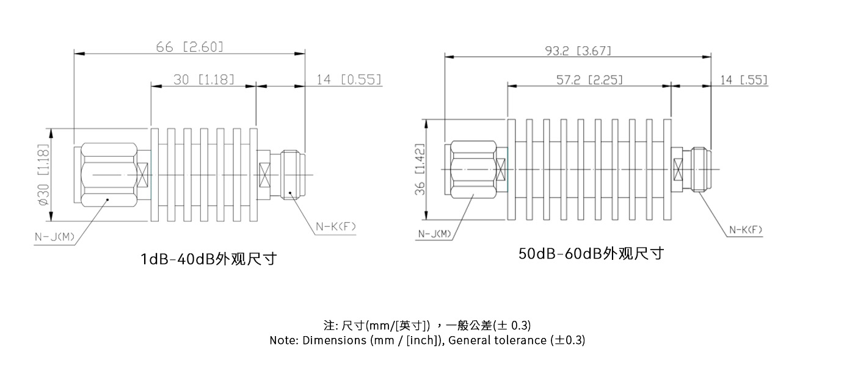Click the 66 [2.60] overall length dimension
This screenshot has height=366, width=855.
click(190, 46)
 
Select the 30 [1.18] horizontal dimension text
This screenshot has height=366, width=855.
click(205, 79)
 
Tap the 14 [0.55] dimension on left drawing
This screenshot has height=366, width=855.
click(349, 79)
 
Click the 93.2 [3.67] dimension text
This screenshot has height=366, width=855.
click(577, 50)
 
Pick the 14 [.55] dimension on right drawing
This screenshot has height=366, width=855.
click(744, 80)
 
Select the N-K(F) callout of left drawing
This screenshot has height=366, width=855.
click(335, 227)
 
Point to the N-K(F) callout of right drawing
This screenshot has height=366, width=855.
click(746, 229)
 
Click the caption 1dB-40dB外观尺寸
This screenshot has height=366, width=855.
click(209, 259)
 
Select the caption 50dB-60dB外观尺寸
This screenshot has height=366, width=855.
click(591, 253)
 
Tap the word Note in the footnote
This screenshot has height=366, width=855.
click(283, 340)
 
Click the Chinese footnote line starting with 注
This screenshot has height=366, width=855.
click(427, 325)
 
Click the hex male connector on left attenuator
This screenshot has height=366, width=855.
click(108, 175)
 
